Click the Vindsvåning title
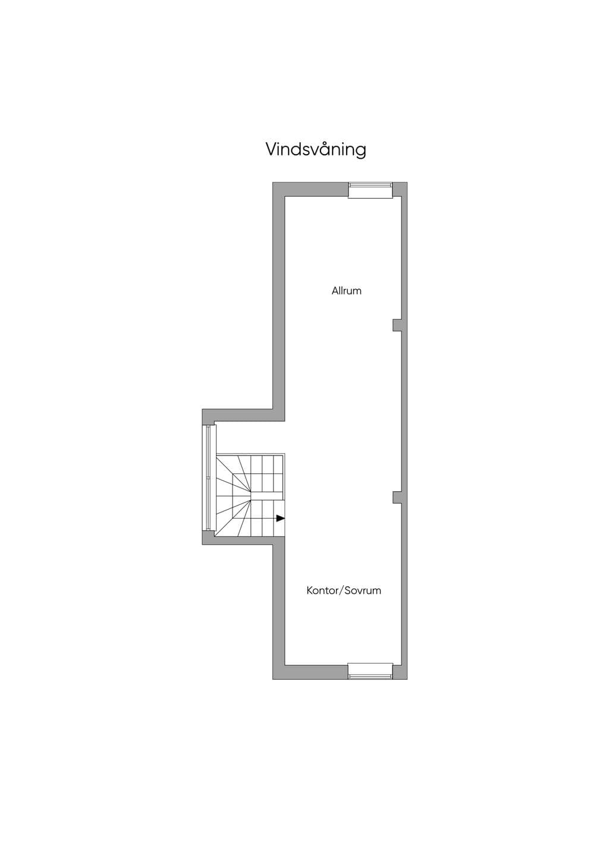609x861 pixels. coord(316,149)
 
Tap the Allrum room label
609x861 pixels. coord(346,291)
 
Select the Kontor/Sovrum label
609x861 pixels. coord(344,590)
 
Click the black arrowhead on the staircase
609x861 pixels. coord(281,518)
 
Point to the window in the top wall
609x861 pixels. coord(371,190)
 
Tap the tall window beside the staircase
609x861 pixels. coord(208,478)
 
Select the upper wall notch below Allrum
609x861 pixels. coord(397,325)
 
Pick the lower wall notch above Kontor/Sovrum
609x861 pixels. coord(397,497)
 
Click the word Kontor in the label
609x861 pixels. coord(321,590)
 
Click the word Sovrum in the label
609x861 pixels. coord(363,590)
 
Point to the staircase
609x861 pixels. coord(250,495)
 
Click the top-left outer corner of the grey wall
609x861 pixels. coord(273,183)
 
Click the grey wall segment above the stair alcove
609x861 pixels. coord(243,415)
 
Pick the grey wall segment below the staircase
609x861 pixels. coord(243,540)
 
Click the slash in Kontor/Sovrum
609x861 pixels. coord(340,591)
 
